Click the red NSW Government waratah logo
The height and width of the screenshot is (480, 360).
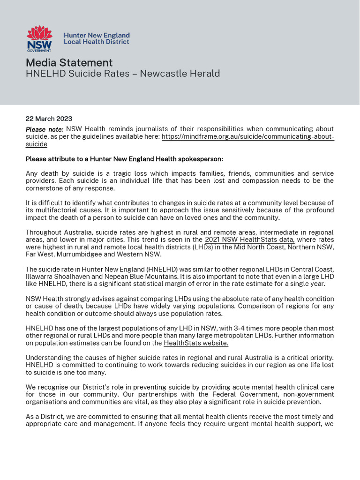point(39,38)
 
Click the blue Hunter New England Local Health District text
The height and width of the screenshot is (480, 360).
point(97,38)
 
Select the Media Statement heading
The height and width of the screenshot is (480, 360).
point(69,63)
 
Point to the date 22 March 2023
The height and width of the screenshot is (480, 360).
point(49,119)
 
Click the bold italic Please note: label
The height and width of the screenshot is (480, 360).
point(45,129)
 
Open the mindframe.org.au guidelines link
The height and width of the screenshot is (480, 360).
point(247,136)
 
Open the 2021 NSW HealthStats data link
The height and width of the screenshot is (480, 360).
point(249,240)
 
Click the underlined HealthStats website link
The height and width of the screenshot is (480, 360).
point(196,343)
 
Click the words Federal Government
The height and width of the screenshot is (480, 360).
point(226,395)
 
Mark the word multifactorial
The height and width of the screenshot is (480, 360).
point(57,210)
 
